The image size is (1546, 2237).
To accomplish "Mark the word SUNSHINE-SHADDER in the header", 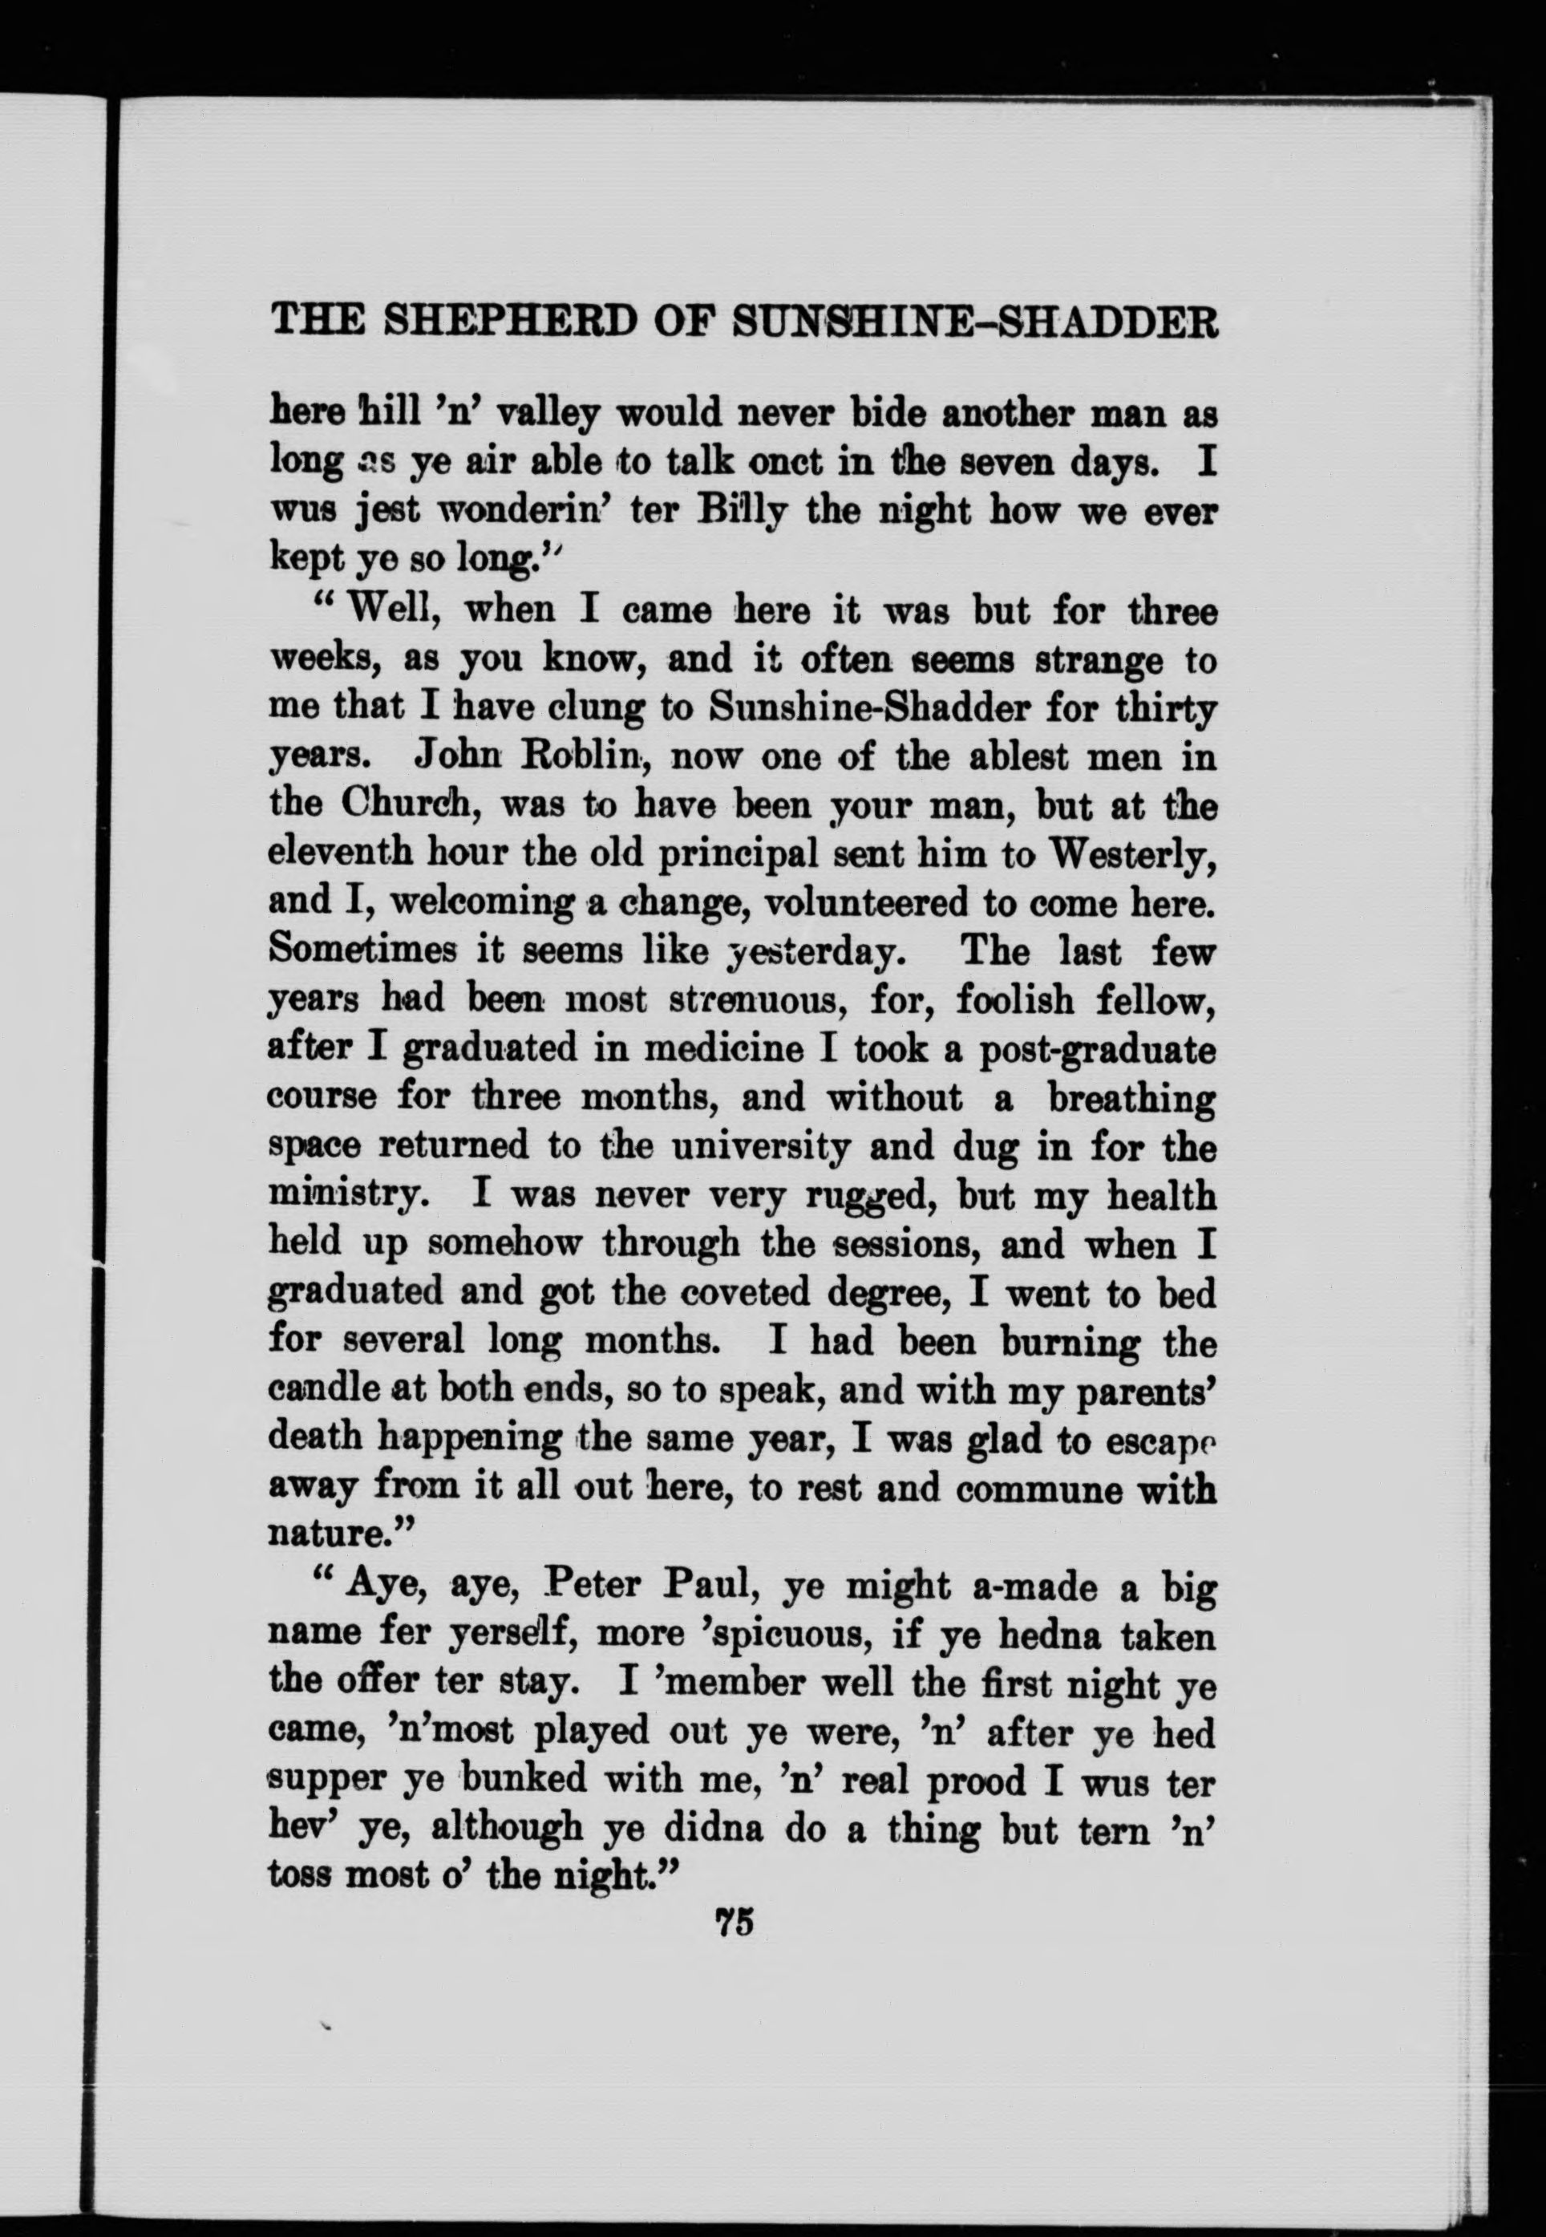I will (974, 320).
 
